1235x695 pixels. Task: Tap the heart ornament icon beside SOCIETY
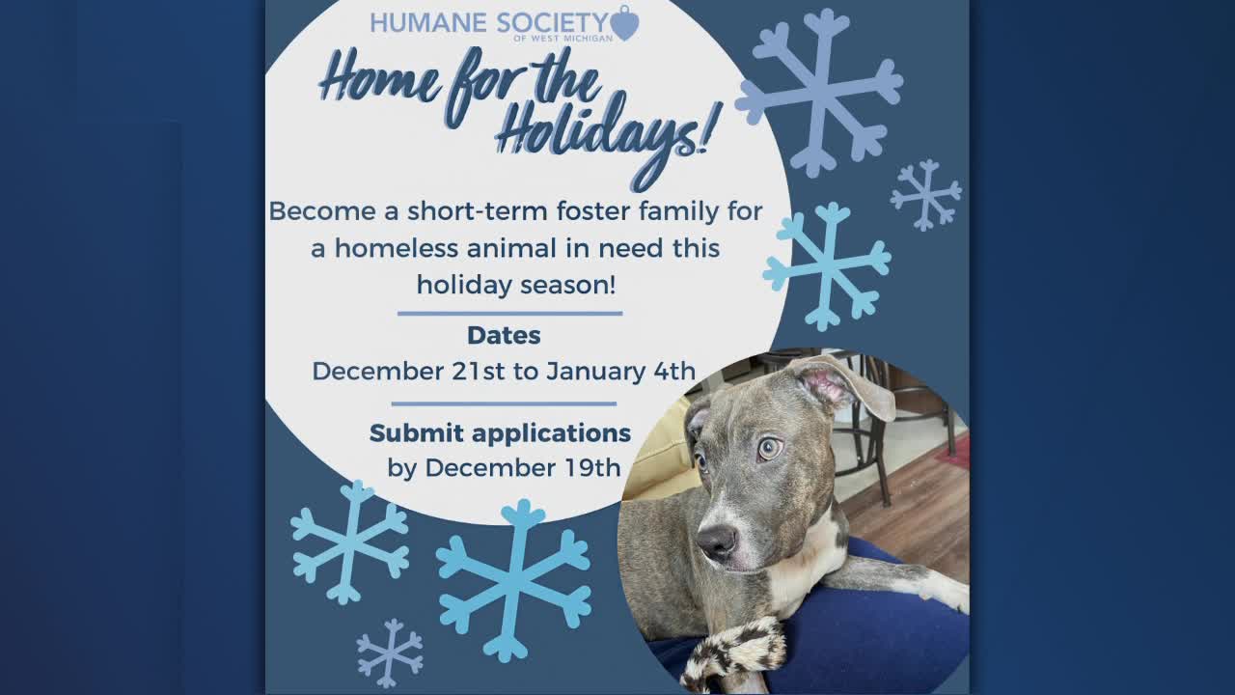[x=625, y=22]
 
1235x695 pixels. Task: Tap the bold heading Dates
[x=504, y=335]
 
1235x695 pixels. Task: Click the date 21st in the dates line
[x=478, y=371]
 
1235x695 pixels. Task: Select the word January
[x=595, y=372]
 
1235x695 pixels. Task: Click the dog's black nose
[x=717, y=540]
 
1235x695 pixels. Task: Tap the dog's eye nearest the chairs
[x=770, y=449]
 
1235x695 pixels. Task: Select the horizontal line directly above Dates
[x=510, y=314]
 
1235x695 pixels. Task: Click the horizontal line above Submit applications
[x=504, y=403]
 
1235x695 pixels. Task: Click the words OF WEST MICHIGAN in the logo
[x=563, y=39]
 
